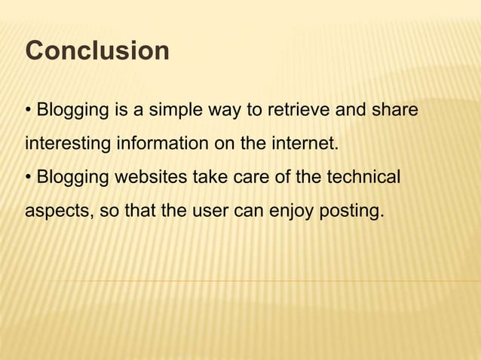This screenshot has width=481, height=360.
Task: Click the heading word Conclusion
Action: [x=97, y=51]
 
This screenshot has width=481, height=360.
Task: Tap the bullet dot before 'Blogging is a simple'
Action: [x=29, y=111]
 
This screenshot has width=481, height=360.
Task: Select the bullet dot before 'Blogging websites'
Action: [x=29, y=178]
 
